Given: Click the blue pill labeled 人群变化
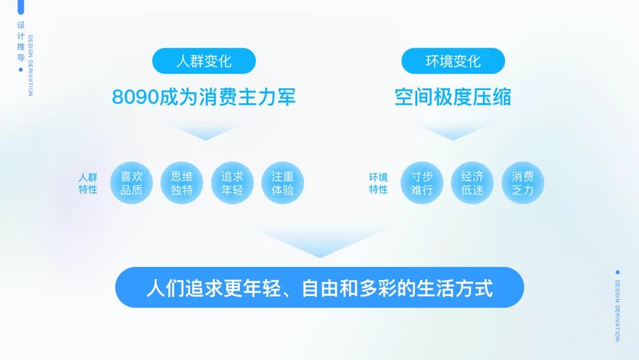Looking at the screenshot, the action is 204,61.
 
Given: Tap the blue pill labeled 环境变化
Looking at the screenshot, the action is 453,61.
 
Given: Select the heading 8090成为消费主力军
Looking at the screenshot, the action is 204,97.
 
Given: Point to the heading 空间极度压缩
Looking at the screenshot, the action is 453,97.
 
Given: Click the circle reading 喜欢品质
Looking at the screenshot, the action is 131,182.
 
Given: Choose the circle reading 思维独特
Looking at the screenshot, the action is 182,182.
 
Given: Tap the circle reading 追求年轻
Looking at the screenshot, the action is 233,182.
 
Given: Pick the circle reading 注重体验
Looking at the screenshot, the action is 283,182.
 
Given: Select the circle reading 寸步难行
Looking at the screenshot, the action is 422,182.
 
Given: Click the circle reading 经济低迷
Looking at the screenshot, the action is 472,182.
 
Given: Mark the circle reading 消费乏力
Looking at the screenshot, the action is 523,182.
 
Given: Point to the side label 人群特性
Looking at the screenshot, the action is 88,183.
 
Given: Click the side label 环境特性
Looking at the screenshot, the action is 379,183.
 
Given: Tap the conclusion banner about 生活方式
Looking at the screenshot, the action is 319,287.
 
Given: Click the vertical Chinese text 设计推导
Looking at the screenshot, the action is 21,41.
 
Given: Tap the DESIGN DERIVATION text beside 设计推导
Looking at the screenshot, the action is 31,66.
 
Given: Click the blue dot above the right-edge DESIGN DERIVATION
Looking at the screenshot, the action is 617,272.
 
